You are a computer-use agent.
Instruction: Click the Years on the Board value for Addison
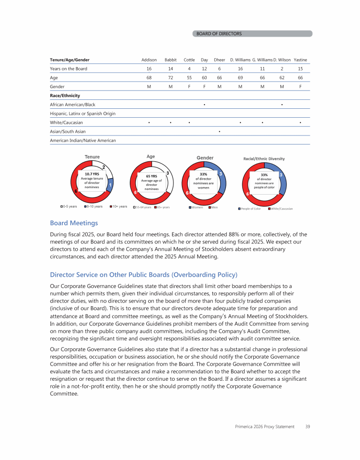(x=149, y=69)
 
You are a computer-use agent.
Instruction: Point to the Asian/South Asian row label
(x=67, y=131)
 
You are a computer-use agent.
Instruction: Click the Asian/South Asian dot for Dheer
(x=219, y=131)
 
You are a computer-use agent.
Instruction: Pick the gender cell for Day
(x=204, y=87)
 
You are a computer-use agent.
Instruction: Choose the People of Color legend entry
(x=249, y=209)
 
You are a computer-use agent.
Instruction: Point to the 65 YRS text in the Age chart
(x=151, y=177)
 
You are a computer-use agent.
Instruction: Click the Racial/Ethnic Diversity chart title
(x=263, y=158)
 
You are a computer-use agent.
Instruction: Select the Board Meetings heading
(x=74, y=223)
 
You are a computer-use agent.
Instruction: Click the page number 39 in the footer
(x=307, y=426)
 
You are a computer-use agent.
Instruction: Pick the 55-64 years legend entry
(x=142, y=207)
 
